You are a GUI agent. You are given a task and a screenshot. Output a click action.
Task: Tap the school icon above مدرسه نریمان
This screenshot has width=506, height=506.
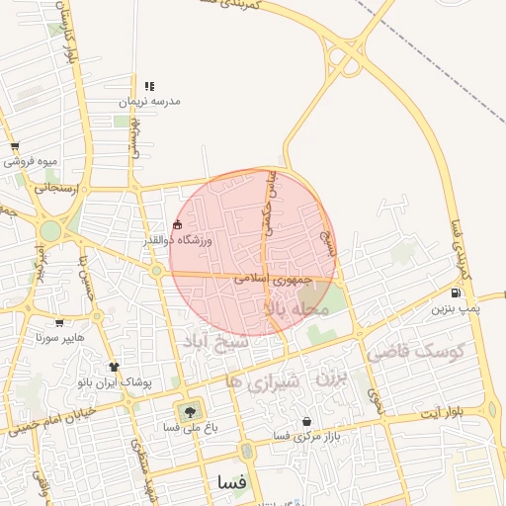coord(149,87)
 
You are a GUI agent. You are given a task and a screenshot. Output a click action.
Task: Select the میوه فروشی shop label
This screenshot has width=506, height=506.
coord(34,161)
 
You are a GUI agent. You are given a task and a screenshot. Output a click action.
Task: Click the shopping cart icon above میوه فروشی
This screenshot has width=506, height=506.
coord(15,146)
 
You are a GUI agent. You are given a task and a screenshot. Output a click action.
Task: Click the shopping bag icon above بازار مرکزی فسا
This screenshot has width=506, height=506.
coord(306,422)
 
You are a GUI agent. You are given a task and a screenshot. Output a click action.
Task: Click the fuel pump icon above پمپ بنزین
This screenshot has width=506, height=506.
coord(455,293)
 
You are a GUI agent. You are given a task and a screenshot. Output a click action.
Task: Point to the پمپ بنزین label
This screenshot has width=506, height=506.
coord(455,308)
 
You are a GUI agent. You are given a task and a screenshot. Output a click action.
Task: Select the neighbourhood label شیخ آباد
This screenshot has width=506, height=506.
coord(208,341)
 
